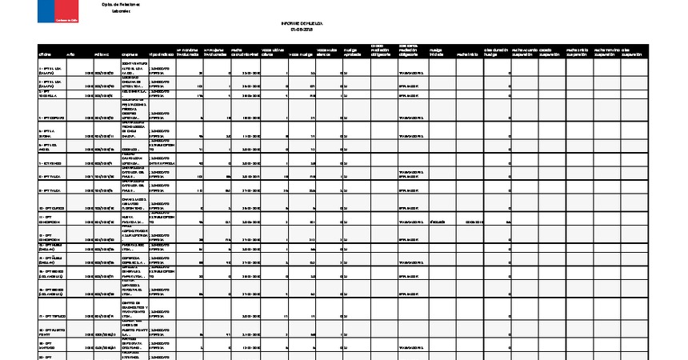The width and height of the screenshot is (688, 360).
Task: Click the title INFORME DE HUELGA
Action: [302, 26]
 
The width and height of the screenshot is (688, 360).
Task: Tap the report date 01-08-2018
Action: [302, 32]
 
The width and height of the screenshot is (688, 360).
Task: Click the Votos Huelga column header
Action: [299, 54]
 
